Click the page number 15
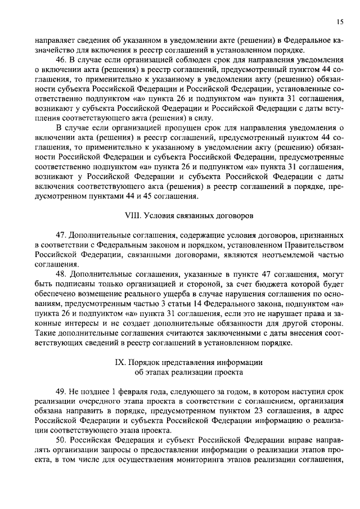click(340, 21)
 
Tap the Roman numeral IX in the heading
click(119, 363)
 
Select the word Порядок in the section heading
click(146, 363)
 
